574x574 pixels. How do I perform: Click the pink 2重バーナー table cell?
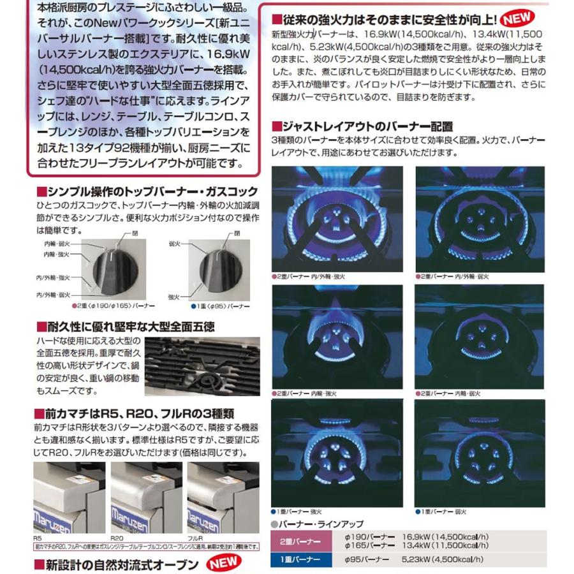298,541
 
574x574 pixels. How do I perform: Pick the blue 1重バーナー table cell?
298,560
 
